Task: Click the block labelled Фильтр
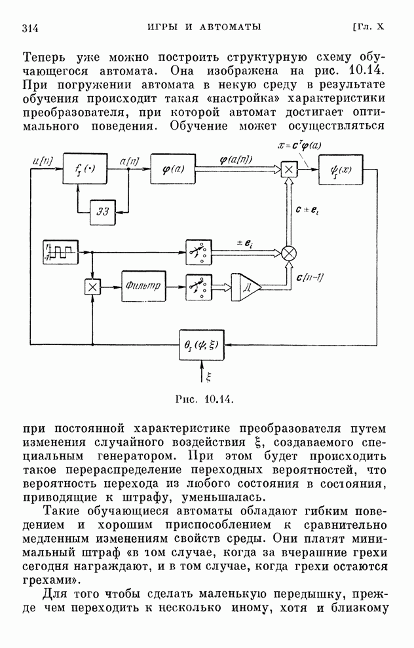pos(143,286)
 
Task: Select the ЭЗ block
pos(104,209)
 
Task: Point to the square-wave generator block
pos(61,251)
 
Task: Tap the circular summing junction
pos(288,252)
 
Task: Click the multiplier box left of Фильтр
pos(93,286)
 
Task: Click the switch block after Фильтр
pos(197,286)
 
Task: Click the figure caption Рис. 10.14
pos(205,397)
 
